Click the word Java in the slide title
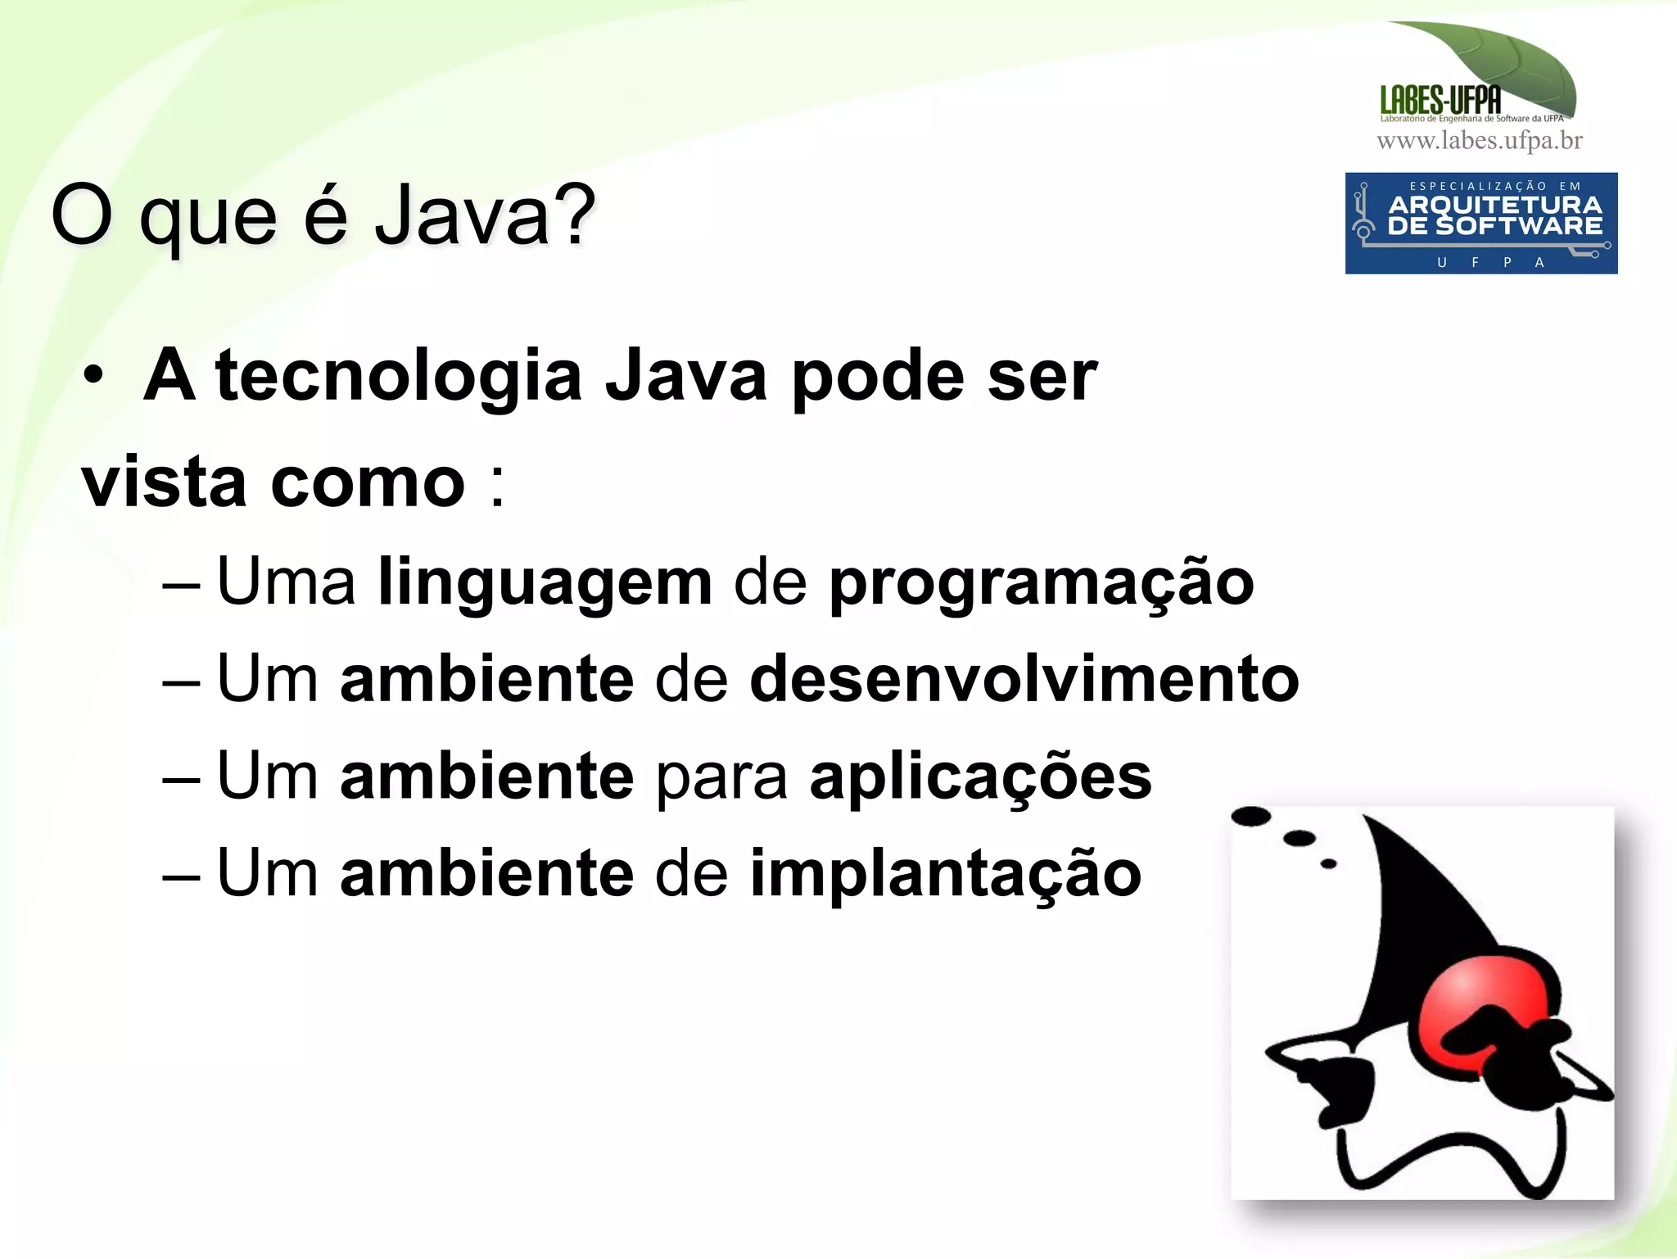pyautogui.click(x=463, y=215)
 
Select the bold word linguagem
pyautogui.click(x=545, y=582)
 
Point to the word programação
pyautogui.click(x=1041, y=582)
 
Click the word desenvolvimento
pyautogui.click(x=1024, y=679)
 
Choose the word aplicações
pyautogui.click(x=980, y=777)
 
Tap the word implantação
pyautogui.click(x=945, y=873)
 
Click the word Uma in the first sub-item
pyautogui.click(x=286, y=582)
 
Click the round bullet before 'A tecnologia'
pyautogui.click(x=93, y=376)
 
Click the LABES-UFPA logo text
pyautogui.click(x=1440, y=100)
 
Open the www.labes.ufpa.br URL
pyautogui.click(x=1480, y=141)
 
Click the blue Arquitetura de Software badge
pyautogui.click(x=1480, y=223)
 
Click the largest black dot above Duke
pyautogui.click(x=1250, y=817)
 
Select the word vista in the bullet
pyautogui.click(x=164, y=482)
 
